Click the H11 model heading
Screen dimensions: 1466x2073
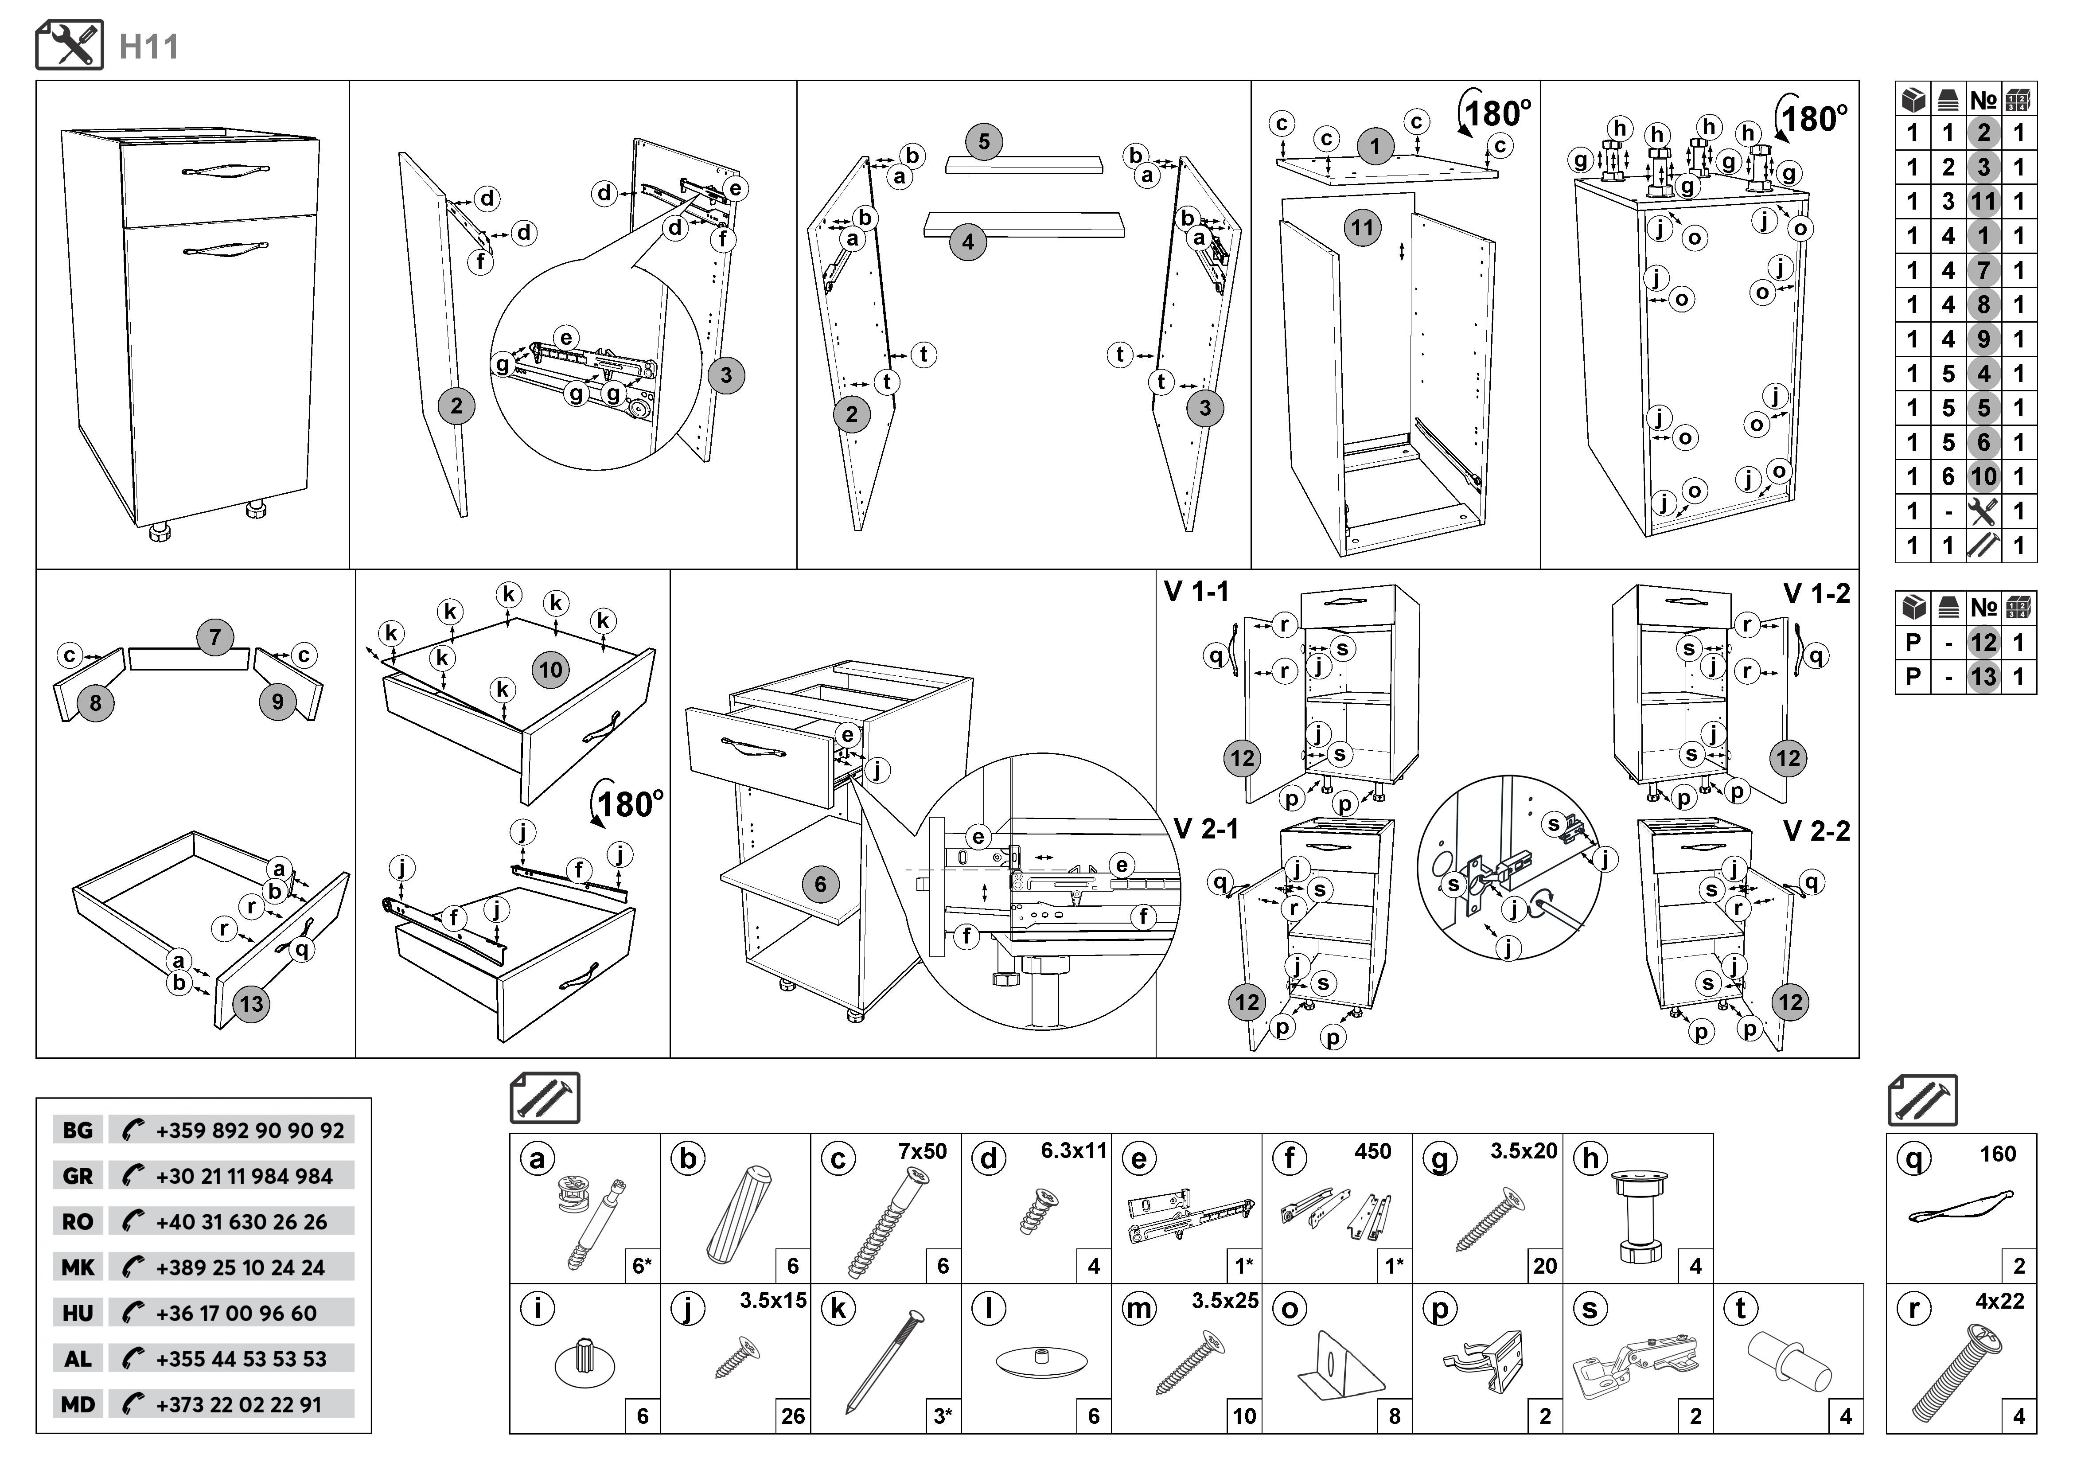149,47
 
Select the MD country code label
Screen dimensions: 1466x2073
78,1404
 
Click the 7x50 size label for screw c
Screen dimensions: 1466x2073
922,1152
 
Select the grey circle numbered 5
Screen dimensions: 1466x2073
984,142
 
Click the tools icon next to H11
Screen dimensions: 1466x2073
70,45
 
